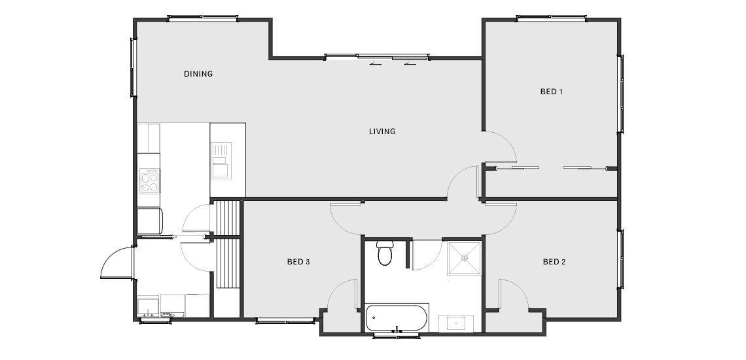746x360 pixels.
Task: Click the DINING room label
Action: pos(198,74)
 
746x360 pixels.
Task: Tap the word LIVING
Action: pos(382,132)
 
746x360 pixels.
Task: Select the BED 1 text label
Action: pos(552,92)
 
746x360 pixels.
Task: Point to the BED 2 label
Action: pos(554,261)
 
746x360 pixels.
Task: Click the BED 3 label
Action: pos(298,261)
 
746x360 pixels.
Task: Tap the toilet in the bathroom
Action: pos(384,253)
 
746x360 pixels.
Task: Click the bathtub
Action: pos(397,317)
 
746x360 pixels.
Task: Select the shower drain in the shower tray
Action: pos(465,258)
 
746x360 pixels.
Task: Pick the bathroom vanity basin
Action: pos(456,323)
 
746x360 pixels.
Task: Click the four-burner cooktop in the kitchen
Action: pos(149,181)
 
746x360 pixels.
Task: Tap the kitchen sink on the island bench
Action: pos(221,160)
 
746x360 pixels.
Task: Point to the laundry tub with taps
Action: pos(148,307)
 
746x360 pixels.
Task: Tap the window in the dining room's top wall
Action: pos(203,18)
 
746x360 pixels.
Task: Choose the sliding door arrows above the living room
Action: pos(393,63)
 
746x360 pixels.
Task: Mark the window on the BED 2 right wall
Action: pos(620,259)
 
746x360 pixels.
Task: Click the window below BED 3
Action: pos(285,321)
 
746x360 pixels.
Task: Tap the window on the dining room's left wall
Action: pos(133,67)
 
